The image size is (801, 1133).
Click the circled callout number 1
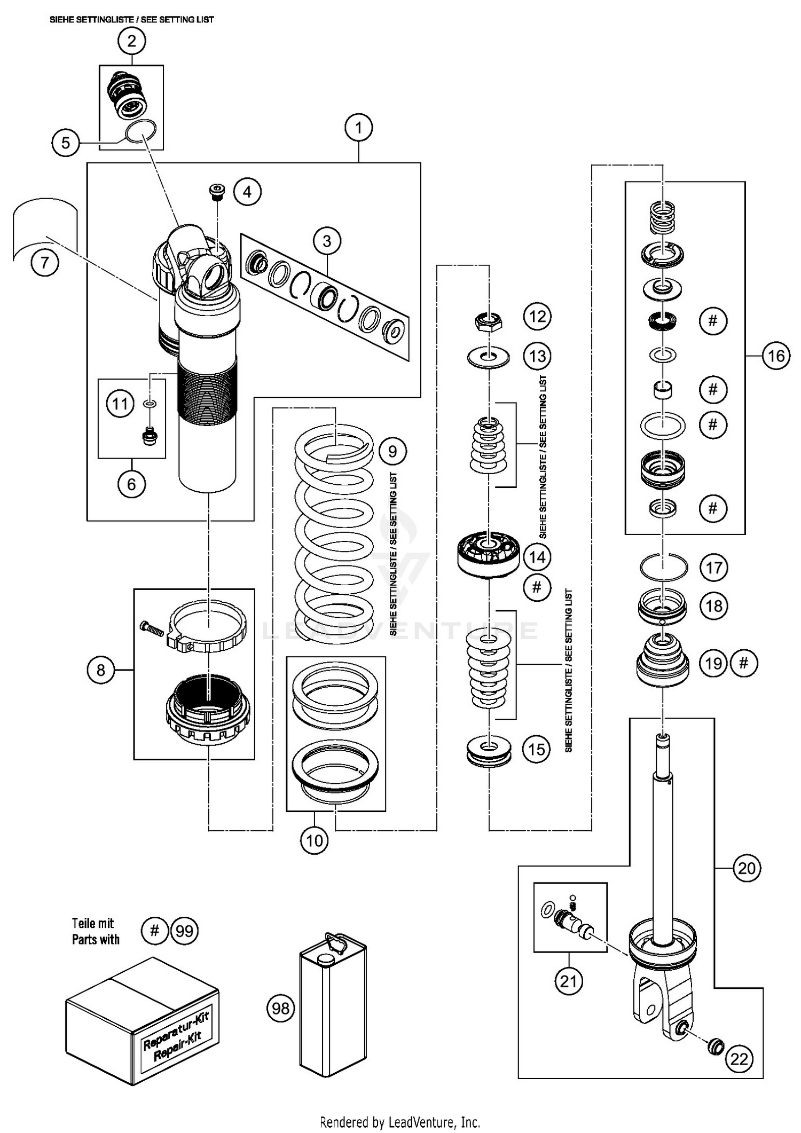point(358,128)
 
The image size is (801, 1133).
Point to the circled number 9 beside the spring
point(392,452)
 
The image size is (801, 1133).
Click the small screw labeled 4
point(217,192)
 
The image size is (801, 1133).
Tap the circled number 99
point(184,931)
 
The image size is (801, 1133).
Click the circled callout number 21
point(568,981)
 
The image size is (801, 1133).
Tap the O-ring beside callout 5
point(141,131)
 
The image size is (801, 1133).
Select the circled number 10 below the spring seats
point(314,841)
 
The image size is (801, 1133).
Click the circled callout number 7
point(44,263)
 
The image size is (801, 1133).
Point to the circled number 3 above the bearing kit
point(327,241)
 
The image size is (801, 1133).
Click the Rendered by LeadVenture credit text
point(400,1122)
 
